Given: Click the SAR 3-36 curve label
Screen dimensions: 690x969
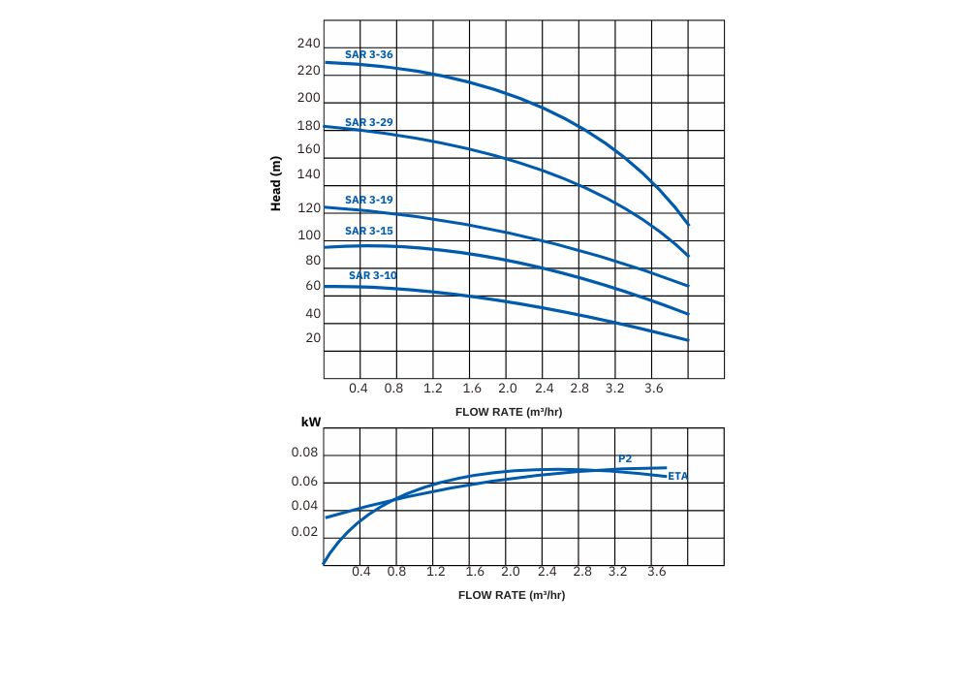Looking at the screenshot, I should coord(369,54).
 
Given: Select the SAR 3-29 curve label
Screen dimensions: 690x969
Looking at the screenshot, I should coord(369,122).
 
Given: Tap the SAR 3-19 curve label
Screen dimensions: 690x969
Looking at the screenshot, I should coord(369,200).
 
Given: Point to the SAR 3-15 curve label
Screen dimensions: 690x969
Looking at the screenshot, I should coord(369,231).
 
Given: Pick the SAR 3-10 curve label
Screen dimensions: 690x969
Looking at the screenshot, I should coord(373,275).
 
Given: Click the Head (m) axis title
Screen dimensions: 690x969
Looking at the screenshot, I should coord(276,184).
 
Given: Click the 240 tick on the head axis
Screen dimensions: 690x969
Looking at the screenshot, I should coord(309,44).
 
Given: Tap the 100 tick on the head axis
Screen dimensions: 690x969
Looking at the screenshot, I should coord(309,235).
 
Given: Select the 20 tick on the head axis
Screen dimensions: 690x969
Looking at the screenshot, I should coord(313,337).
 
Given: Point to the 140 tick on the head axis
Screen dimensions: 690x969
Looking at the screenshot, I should coord(309,174).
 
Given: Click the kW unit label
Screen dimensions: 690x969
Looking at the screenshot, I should coord(311,423).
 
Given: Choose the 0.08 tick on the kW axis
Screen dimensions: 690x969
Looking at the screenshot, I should coord(304,453).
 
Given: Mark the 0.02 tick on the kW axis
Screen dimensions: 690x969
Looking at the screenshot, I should coord(304,531).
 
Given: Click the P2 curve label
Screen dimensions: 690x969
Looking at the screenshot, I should coord(625,458).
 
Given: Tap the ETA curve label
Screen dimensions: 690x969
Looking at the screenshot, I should coord(677,476).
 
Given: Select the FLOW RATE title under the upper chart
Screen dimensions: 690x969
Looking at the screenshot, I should coord(509,412).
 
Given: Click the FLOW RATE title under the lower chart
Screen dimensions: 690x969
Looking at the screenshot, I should coord(512,595).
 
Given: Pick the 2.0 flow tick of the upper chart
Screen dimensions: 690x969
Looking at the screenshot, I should coord(508,389).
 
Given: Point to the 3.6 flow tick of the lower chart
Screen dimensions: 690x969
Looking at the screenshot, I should coord(657,572).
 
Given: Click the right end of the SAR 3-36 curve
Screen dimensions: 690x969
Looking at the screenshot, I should coord(688,224).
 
